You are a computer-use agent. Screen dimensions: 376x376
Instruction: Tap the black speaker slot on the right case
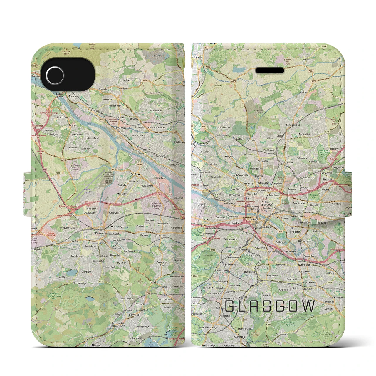click(270, 70)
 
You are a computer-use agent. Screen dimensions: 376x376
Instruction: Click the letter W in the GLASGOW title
click(308, 306)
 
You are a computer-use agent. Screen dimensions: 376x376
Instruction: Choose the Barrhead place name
click(134, 315)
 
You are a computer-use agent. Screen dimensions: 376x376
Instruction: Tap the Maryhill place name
click(229, 157)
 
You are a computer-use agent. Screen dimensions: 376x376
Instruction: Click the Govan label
click(200, 205)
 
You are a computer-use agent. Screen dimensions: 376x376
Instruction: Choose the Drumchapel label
click(155, 110)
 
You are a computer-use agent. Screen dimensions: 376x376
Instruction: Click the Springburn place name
click(288, 162)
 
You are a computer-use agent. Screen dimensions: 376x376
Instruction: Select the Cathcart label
click(254, 286)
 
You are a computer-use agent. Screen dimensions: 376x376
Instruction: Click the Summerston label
click(224, 128)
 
